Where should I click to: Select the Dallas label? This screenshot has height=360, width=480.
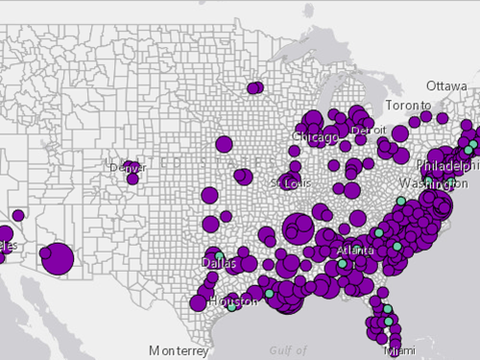click(218, 262)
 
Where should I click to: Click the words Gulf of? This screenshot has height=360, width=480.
click(288, 350)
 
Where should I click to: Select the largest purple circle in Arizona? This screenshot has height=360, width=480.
click(58, 257)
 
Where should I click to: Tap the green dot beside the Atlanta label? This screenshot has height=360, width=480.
click(341, 263)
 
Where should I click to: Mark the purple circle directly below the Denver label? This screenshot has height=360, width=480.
click(132, 179)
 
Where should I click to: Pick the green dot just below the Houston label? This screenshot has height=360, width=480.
click(231, 307)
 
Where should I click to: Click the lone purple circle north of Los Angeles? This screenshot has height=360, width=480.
click(17, 214)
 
